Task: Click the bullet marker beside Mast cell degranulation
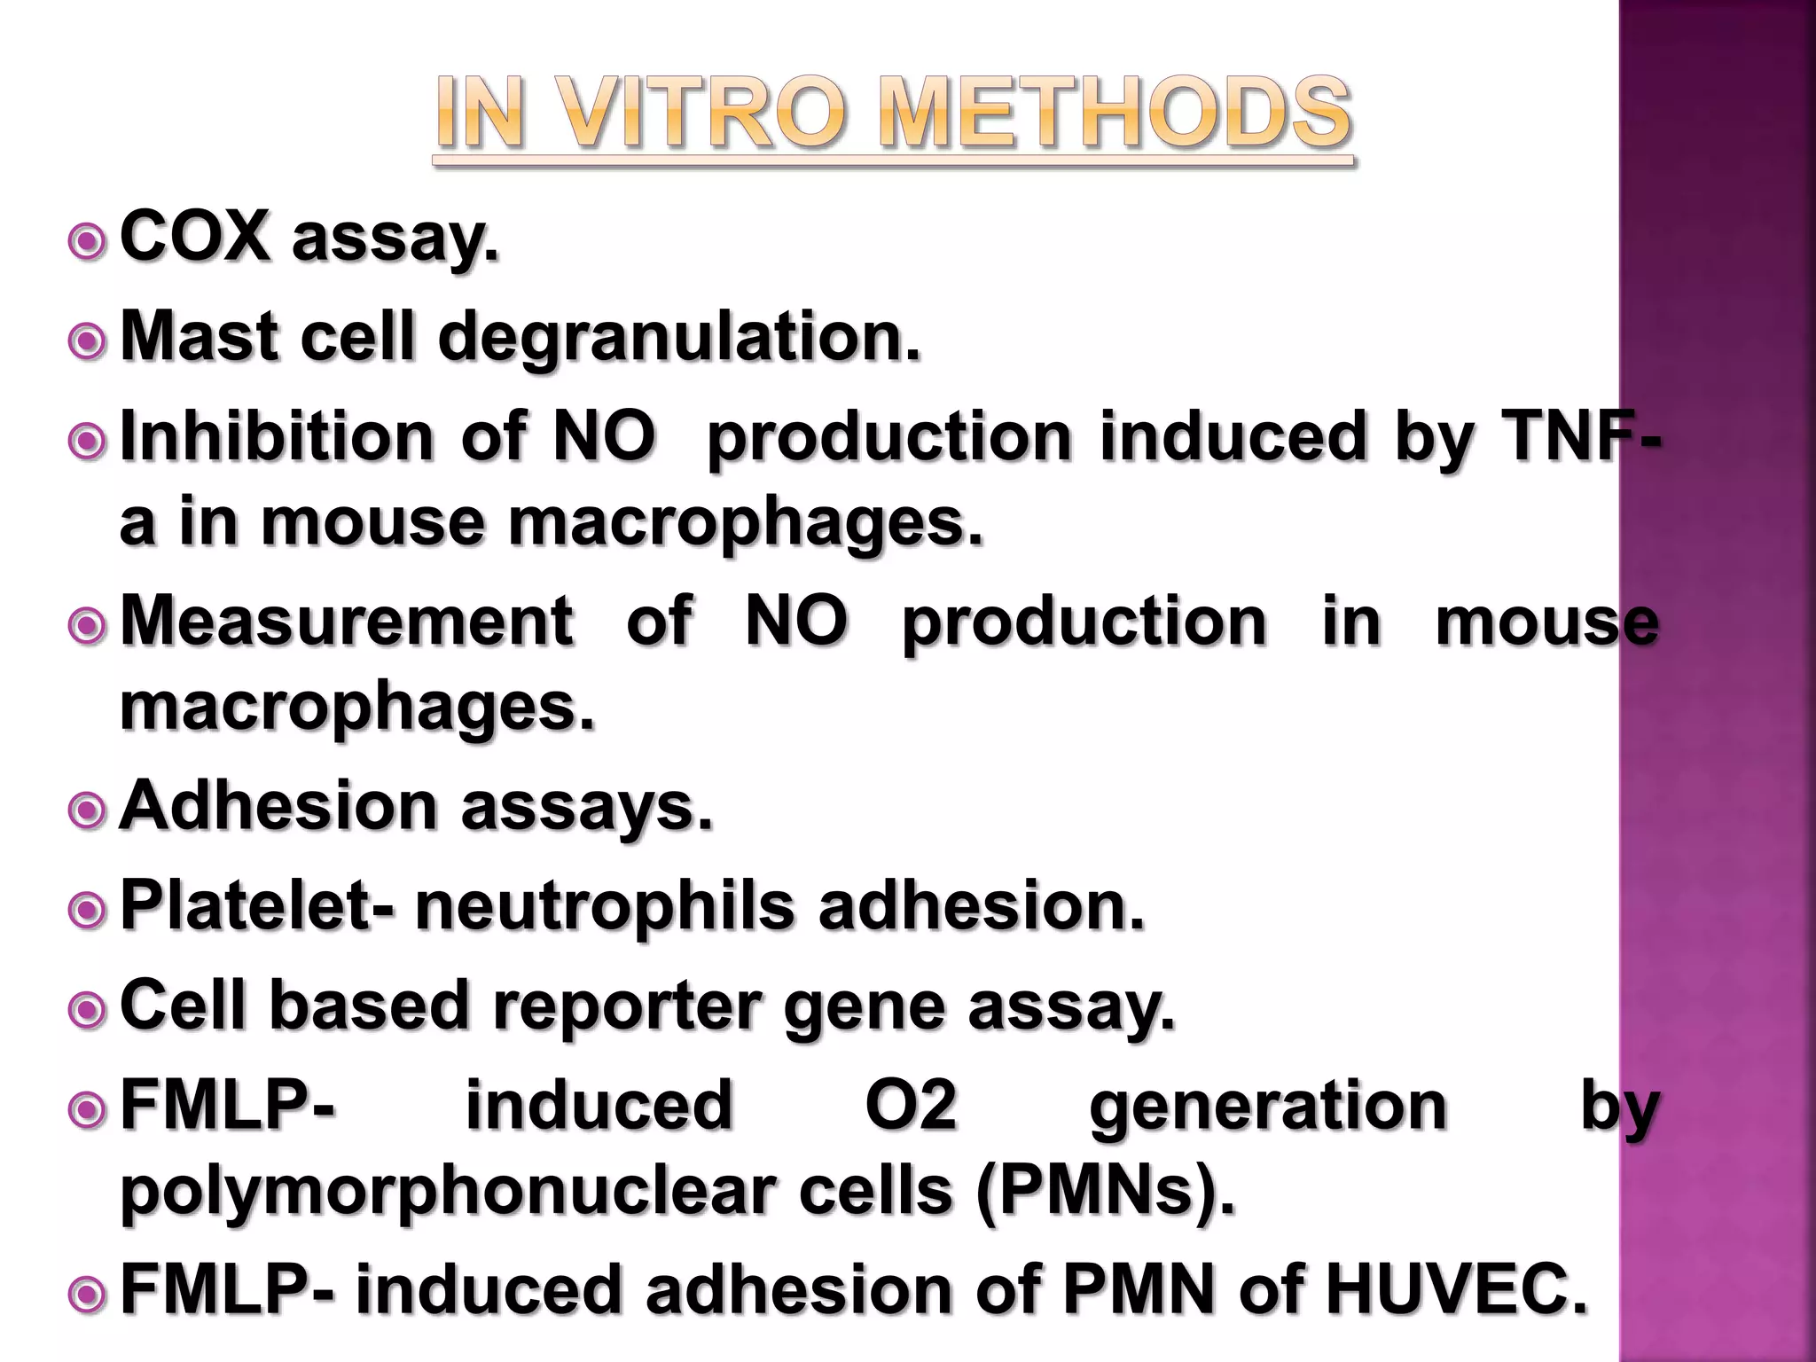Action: [88, 340]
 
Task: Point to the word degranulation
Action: [679, 338]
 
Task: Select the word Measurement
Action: [346, 621]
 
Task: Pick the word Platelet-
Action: [257, 906]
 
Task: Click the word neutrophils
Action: [605, 906]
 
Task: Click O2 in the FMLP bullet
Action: [911, 1106]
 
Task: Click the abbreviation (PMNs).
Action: [1105, 1191]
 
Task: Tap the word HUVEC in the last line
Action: [1456, 1289]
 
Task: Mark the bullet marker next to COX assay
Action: [88, 239]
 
